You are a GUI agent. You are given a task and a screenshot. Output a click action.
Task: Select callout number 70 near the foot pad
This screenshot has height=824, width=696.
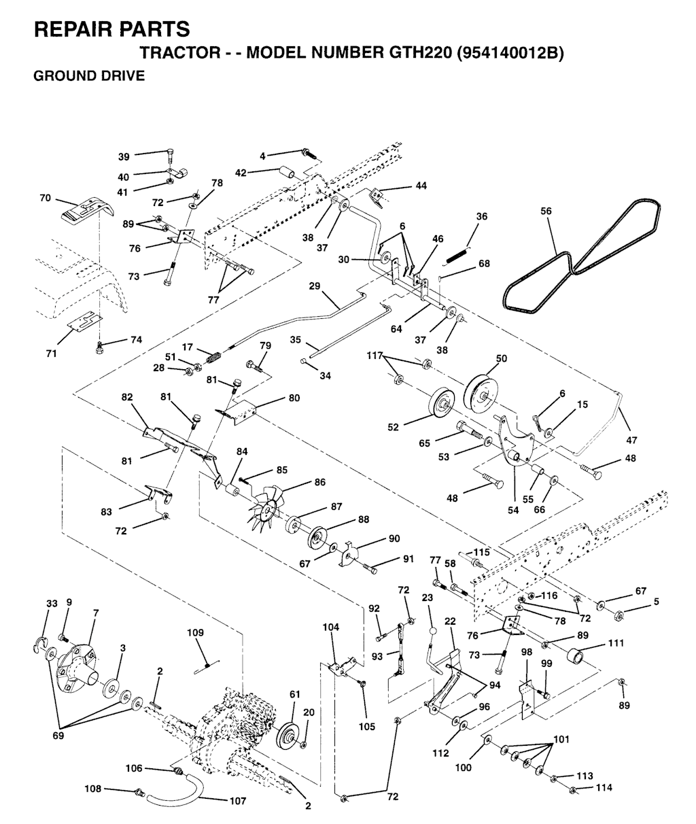point(46,199)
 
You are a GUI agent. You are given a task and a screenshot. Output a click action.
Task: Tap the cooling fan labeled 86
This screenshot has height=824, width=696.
point(269,502)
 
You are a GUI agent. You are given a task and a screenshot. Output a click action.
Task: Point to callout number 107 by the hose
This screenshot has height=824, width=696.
point(237,801)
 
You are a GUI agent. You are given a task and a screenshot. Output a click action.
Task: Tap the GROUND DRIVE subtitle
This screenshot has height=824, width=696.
point(89,76)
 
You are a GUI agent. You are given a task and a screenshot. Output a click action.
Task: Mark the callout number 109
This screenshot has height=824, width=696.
point(196,632)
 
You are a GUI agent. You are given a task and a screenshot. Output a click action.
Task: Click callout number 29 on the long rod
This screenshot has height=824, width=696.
point(314,286)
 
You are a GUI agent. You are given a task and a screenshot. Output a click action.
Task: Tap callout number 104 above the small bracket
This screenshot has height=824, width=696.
point(331,626)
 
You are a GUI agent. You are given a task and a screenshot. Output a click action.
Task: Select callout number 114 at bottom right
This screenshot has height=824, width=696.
point(603,788)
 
